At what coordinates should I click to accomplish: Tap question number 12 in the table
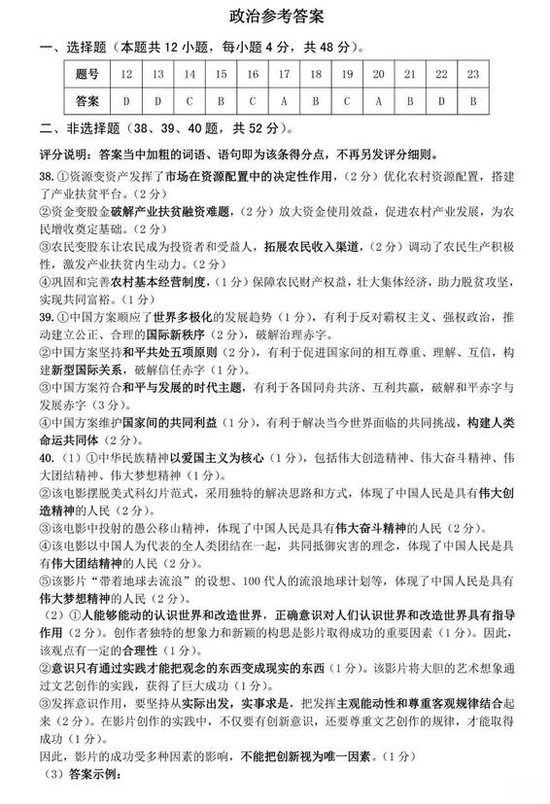pyautogui.click(x=126, y=74)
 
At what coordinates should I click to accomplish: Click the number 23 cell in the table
pyautogui.click(x=472, y=74)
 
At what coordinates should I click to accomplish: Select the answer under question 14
pyautogui.click(x=189, y=100)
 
